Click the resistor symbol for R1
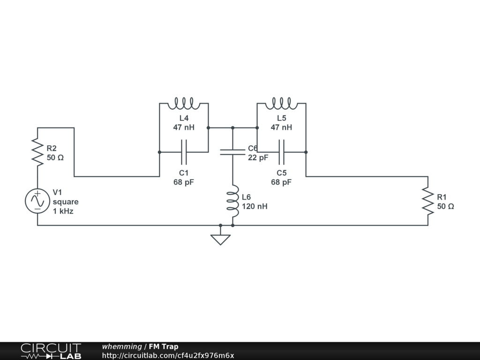(x=427, y=201)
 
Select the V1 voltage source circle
(x=37, y=201)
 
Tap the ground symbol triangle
(x=220, y=239)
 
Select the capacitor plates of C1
(x=184, y=152)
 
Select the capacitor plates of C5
(x=281, y=152)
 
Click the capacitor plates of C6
(x=232, y=152)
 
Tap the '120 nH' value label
(x=255, y=206)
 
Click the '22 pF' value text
(x=258, y=157)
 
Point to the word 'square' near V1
(x=66, y=202)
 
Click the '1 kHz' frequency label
(x=63, y=211)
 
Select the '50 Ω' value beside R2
(x=55, y=157)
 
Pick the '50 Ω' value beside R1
(x=445, y=206)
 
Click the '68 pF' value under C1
(x=184, y=182)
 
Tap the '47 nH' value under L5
(x=281, y=127)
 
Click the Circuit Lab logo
(x=51, y=351)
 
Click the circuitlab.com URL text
(x=168, y=355)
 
